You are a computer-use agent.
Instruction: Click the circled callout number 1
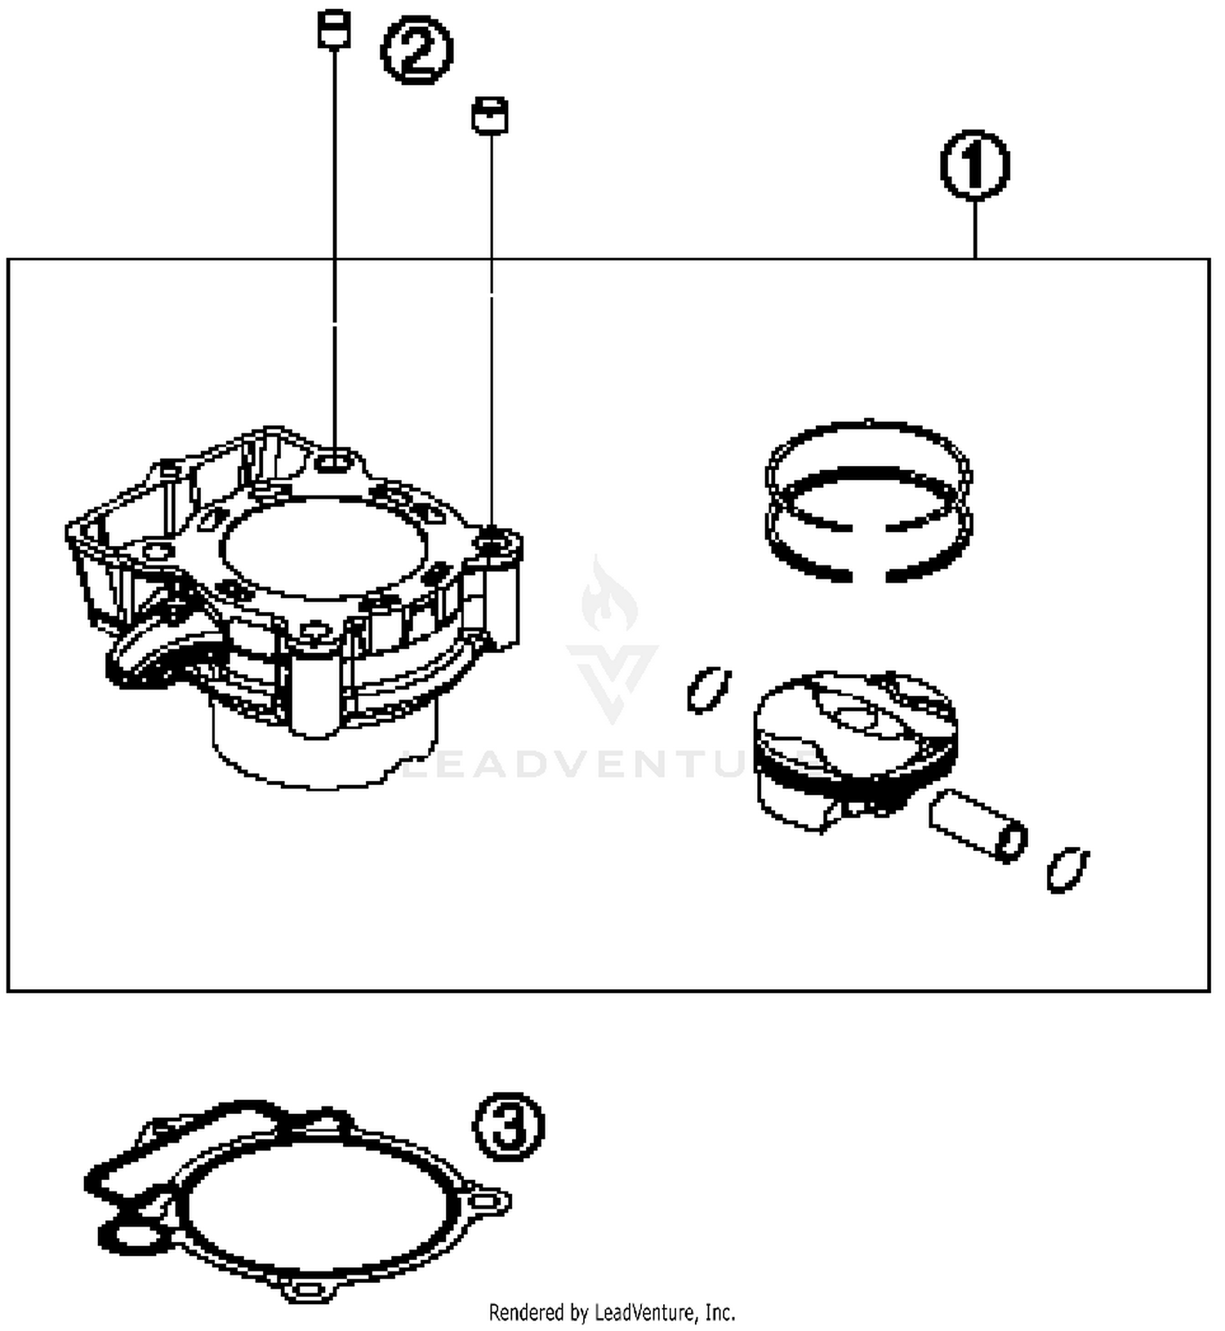(x=974, y=165)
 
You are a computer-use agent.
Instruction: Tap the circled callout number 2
(x=416, y=51)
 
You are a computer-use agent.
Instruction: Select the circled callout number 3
(x=508, y=1127)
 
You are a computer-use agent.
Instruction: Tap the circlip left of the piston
(x=707, y=690)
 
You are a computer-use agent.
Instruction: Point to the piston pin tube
(x=977, y=824)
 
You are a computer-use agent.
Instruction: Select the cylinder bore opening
(x=323, y=547)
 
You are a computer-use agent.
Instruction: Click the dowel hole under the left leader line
(x=334, y=464)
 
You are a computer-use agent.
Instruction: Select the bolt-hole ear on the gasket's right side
(x=488, y=1200)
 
